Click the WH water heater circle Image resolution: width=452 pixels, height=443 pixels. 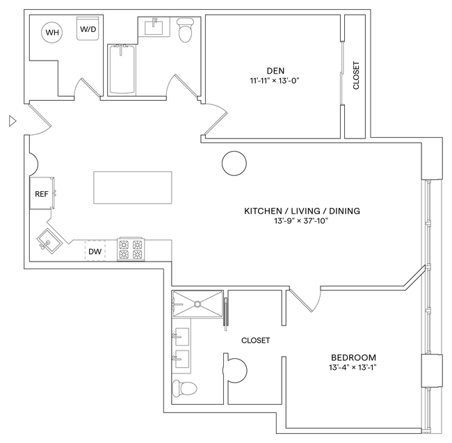[53, 31]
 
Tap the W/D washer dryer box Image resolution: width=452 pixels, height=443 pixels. [88, 30]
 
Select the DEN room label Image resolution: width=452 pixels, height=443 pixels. [276, 70]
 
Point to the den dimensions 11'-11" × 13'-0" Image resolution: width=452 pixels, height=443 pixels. [276, 81]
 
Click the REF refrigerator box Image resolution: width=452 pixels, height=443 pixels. [42, 194]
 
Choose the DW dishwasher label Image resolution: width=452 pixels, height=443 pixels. [95, 250]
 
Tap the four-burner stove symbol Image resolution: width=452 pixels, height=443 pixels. [131, 249]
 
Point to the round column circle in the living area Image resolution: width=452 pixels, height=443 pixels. [233, 163]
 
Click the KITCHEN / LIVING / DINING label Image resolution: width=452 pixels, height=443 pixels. [301, 211]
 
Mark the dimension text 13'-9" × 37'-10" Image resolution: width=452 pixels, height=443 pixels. [301, 221]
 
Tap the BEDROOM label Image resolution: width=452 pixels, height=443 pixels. [353, 357]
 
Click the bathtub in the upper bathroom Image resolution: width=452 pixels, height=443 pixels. [123, 70]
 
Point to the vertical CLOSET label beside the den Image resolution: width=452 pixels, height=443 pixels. [357, 76]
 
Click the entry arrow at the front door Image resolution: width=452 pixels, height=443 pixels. [11, 121]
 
